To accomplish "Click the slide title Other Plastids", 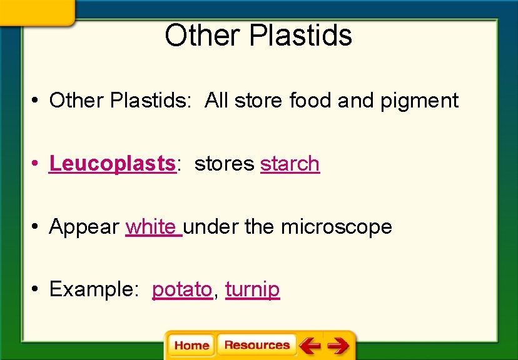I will [258, 36].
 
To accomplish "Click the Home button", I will [191, 345].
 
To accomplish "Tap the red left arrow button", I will [309, 345].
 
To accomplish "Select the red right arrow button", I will [338, 345].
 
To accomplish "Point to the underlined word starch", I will [290, 164].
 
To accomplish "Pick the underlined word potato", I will [182, 290].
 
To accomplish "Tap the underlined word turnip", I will [252, 290].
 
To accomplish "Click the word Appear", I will [84, 227].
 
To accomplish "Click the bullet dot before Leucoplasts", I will [38, 164].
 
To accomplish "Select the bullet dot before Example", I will [38, 290].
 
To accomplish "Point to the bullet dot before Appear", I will [38, 227].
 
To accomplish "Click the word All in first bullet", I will [216, 101].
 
